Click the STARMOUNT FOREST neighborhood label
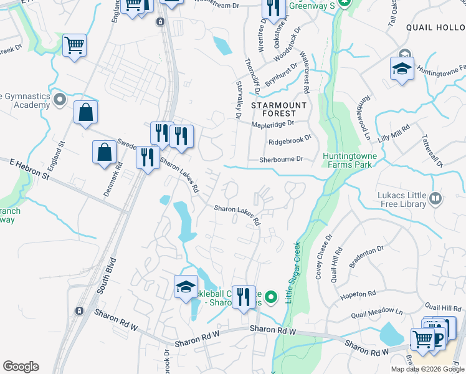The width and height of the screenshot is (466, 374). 279,110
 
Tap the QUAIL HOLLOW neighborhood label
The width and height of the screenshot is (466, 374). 434,27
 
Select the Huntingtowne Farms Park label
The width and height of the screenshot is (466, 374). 346,160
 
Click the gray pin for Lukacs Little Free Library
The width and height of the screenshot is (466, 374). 435,199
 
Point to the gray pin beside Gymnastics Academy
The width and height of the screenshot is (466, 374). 59,99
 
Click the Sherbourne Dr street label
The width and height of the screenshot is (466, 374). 281,160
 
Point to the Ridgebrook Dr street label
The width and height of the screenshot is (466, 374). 289,141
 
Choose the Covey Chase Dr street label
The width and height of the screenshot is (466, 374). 323,256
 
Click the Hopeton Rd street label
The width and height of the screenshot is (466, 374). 359,293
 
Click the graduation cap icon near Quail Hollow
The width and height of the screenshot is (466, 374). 402,69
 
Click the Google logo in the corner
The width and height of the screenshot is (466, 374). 21,367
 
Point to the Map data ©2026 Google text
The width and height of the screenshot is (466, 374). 427,369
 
